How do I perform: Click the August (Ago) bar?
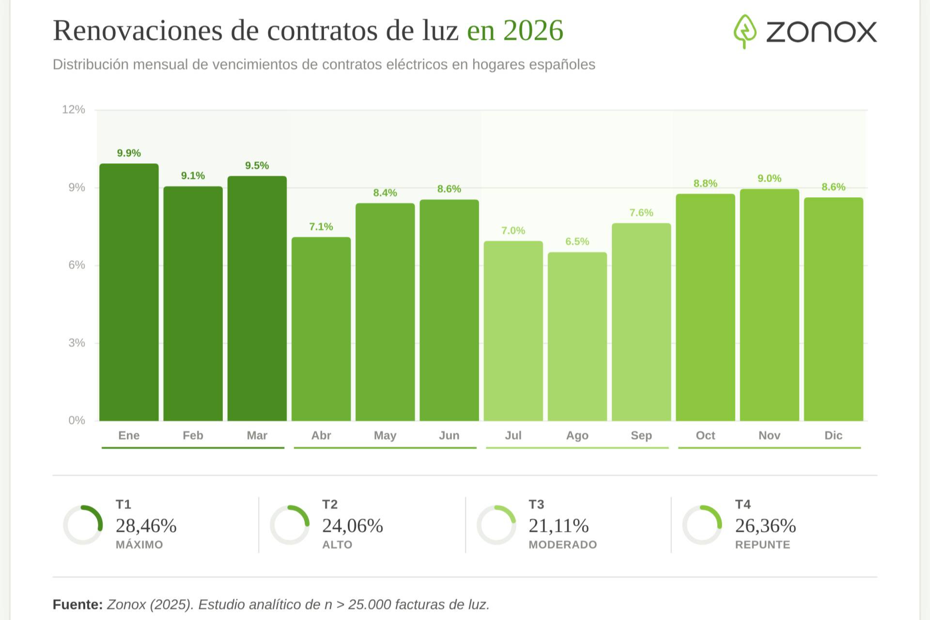pyautogui.click(x=577, y=336)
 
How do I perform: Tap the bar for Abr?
pyautogui.click(x=321, y=329)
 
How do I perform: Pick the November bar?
pyautogui.click(x=769, y=305)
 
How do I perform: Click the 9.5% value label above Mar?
pyautogui.click(x=257, y=166)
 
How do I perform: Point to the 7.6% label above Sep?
pyautogui.click(x=641, y=213)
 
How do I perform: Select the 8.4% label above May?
pyautogui.click(x=385, y=193)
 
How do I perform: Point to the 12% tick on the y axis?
pyautogui.click(x=74, y=109)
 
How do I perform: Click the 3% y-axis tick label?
pyautogui.click(x=77, y=343)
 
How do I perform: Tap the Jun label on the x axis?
pyautogui.click(x=449, y=435)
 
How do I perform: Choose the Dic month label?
pyautogui.click(x=833, y=435)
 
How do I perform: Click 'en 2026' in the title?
pyautogui.click(x=515, y=31)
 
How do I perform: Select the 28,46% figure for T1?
pyautogui.click(x=146, y=526)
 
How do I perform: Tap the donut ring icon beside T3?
pyautogui.click(x=496, y=525)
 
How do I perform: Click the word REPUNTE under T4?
pyautogui.click(x=762, y=545)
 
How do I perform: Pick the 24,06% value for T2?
pyautogui.click(x=353, y=526)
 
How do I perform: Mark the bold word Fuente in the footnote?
pyautogui.click(x=77, y=604)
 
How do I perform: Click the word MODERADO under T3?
pyautogui.click(x=563, y=545)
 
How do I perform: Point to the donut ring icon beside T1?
pyautogui.click(x=83, y=525)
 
